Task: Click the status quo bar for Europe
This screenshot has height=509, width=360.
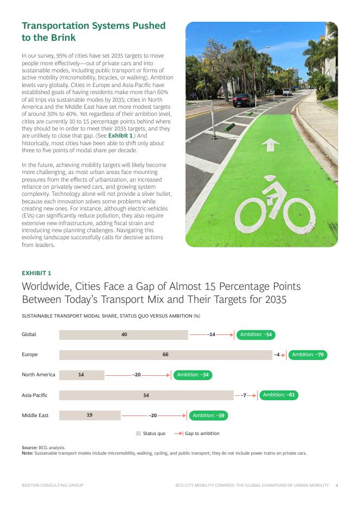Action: click(x=165, y=355)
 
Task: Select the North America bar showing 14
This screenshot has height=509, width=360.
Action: click(x=82, y=375)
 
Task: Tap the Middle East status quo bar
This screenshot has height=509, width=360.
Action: click(x=90, y=415)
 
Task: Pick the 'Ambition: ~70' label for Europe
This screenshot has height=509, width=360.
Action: click(x=307, y=355)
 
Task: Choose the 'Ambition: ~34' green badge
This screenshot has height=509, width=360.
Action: click(x=193, y=375)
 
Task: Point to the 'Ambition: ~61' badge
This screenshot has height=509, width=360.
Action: click(x=278, y=395)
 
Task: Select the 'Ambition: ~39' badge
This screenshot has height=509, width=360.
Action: click(x=208, y=415)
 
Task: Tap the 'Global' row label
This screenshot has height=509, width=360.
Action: click(x=29, y=334)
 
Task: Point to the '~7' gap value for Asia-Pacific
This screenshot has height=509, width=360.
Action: click(x=244, y=395)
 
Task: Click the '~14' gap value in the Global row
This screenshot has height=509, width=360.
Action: click(x=212, y=334)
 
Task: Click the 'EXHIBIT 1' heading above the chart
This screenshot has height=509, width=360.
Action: click(x=36, y=273)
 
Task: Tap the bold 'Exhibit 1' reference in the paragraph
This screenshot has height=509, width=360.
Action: click(x=119, y=135)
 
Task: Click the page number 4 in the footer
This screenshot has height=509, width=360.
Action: click(x=337, y=485)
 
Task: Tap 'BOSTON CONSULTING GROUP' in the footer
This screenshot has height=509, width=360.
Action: click(x=53, y=485)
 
